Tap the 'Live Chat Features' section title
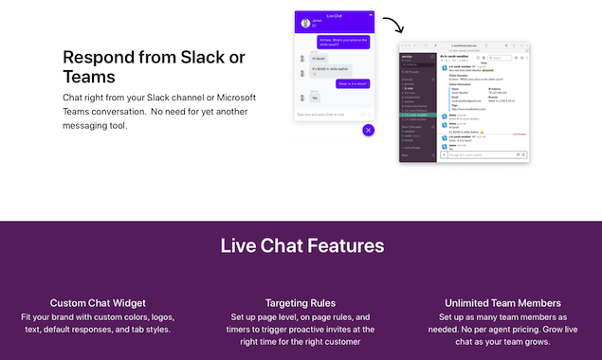[301, 246]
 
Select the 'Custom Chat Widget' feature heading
[98, 303]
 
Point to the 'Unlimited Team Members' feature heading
[502, 303]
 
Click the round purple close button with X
[369, 130]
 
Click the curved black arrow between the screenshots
[392, 23]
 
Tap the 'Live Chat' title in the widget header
[335, 16]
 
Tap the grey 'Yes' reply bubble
[316, 97]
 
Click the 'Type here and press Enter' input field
[327, 115]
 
